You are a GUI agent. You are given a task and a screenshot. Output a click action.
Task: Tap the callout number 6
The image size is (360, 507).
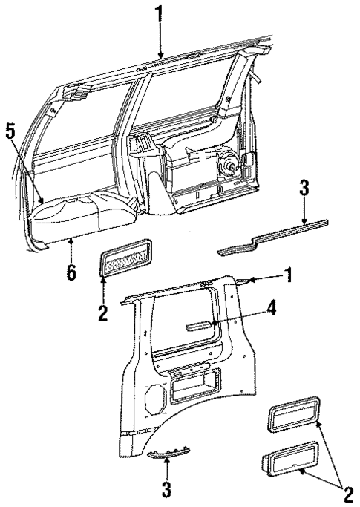click(x=71, y=272)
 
